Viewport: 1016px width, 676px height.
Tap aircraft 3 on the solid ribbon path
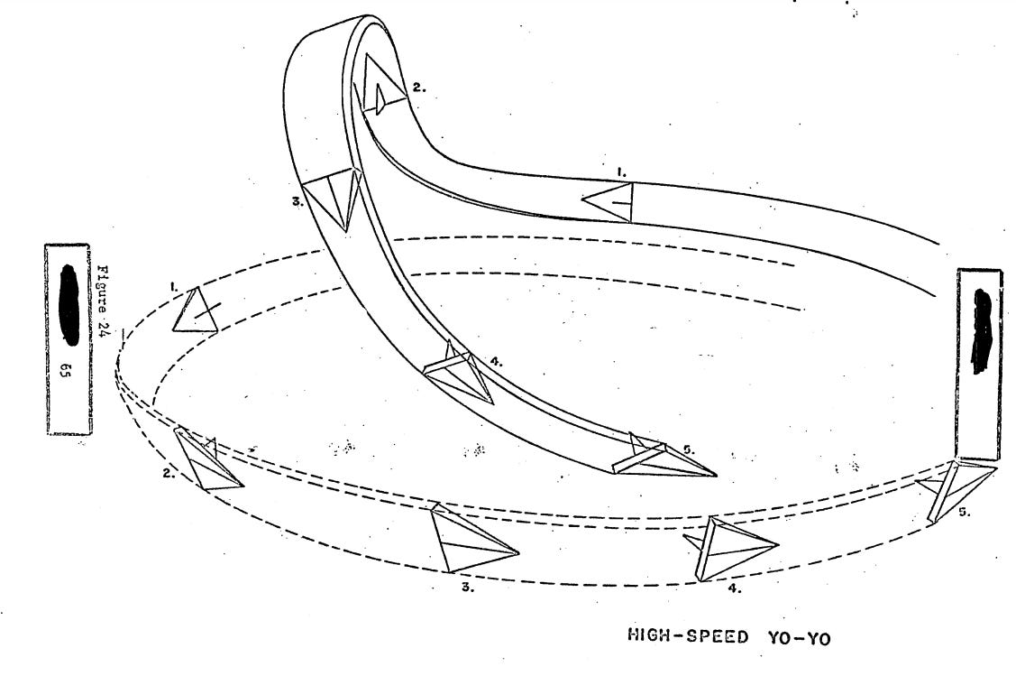[x=335, y=196]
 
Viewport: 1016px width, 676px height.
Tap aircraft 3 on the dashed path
[x=470, y=540]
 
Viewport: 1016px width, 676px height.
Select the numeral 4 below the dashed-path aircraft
[x=734, y=588]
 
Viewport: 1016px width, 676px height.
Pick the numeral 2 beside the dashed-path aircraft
[x=168, y=471]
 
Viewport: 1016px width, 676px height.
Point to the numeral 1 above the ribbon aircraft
[x=620, y=169]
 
